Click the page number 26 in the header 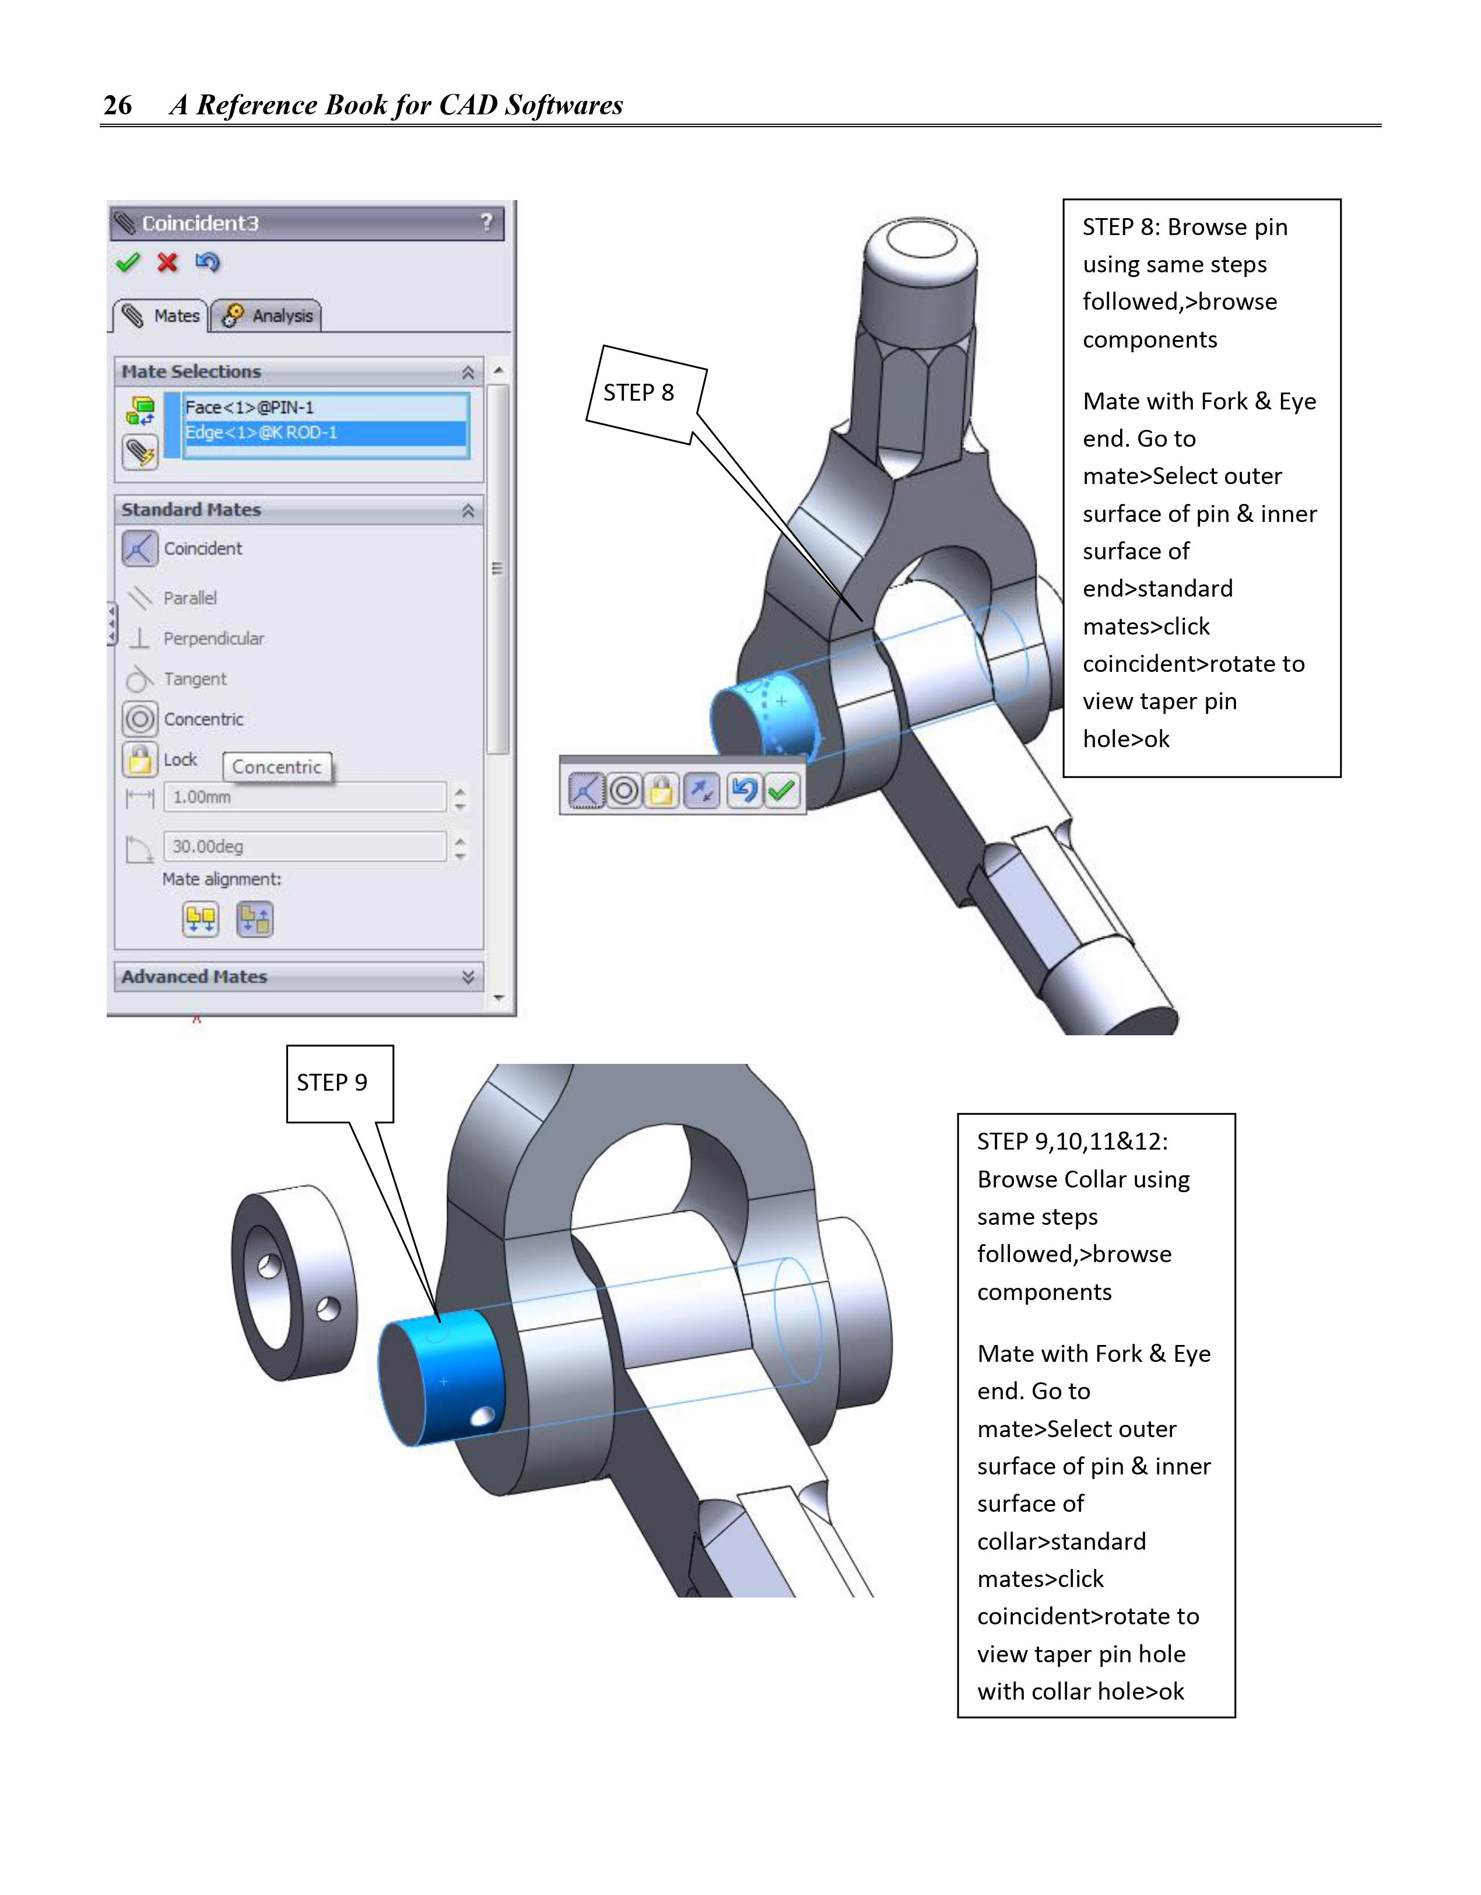point(117,105)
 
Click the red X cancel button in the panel point(167,262)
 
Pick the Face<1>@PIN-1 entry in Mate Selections point(250,407)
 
